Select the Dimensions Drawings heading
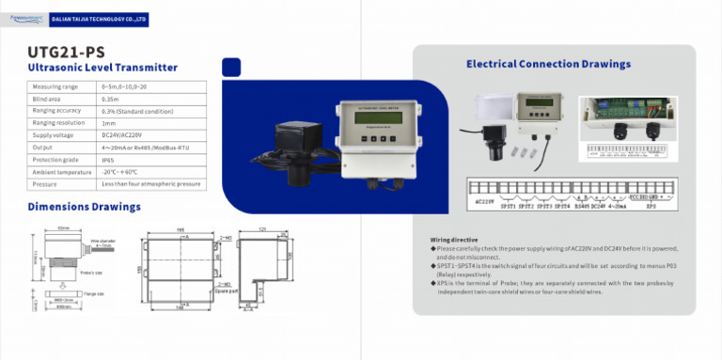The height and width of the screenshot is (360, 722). [x=85, y=206]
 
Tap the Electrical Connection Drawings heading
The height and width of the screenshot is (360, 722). [x=548, y=64]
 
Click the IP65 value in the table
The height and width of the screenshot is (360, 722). [x=109, y=159]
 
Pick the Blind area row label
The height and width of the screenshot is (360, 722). [x=47, y=98]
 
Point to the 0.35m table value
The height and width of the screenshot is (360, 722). [x=110, y=98]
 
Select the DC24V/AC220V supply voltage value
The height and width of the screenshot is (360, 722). [x=123, y=134]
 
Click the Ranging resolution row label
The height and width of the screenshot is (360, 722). [x=58, y=122]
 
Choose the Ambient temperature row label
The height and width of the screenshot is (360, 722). [x=61, y=171]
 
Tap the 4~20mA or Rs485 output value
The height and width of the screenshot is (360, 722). [x=137, y=147]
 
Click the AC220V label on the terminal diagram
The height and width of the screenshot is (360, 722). [x=485, y=200]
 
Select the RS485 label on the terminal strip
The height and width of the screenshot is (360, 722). [x=582, y=205]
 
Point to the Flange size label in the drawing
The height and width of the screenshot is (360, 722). [x=93, y=294]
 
